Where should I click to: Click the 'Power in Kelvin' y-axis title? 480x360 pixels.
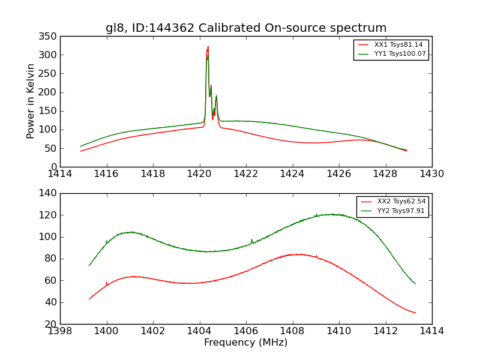click(31, 101)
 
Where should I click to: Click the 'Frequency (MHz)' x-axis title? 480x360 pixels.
click(246, 343)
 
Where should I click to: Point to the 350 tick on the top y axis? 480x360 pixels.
click(49, 37)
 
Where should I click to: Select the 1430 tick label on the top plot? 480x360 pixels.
click(432, 173)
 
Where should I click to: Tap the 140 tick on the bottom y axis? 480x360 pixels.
click(49, 194)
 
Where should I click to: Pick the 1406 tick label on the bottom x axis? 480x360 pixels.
click(246, 331)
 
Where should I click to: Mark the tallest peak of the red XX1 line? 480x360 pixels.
click(208, 47)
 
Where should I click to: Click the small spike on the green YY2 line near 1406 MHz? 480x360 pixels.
click(251, 240)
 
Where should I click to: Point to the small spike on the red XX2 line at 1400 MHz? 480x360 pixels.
click(107, 283)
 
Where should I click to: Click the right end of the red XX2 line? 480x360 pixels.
click(415, 313)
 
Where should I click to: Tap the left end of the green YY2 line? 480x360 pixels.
click(89, 265)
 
